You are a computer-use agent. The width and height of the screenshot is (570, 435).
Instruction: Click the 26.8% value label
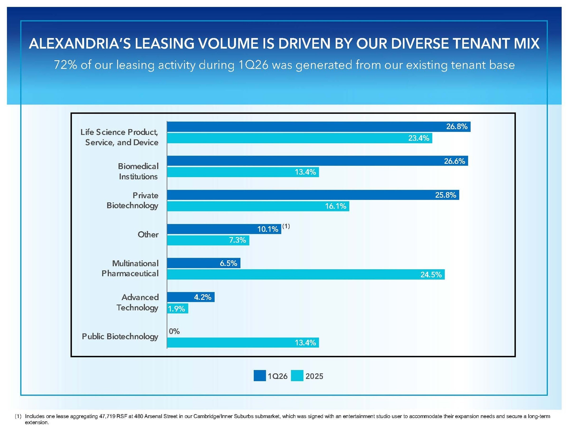(x=457, y=127)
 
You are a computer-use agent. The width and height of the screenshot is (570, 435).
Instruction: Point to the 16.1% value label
(x=336, y=206)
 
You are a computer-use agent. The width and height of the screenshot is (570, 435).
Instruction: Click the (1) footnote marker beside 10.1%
(x=286, y=226)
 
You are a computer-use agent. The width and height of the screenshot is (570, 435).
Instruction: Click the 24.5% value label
(x=431, y=275)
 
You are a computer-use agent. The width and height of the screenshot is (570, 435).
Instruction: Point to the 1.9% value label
(x=176, y=309)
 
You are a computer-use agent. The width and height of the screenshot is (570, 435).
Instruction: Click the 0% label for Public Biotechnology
(x=174, y=331)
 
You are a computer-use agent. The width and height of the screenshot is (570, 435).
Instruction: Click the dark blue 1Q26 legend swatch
(x=260, y=376)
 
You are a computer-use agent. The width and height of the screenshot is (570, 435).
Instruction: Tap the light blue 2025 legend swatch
(x=297, y=376)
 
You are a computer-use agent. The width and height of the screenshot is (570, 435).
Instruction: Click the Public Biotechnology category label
(x=120, y=337)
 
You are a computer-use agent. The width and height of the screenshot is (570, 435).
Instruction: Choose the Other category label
(x=148, y=234)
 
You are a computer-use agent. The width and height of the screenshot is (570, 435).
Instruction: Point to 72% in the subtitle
(x=66, y=65)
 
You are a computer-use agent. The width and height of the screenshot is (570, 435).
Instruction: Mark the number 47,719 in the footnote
(x=107, y=416)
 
